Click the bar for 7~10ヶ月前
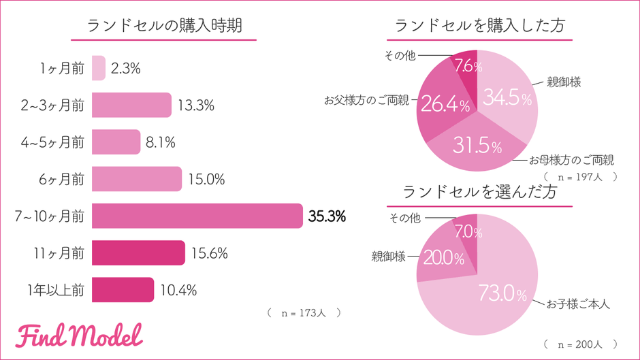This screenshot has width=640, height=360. pos(197,216)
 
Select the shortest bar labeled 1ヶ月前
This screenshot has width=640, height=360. pos(99,68)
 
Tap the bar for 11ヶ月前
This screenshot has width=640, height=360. pos(138,252)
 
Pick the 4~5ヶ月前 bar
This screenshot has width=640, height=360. pos(116,142)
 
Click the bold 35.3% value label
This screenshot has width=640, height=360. pos(327,216)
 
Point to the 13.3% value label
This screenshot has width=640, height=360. pos(196,105)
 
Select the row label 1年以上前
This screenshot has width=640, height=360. pos(56,290)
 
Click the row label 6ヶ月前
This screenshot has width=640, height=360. pos(63,179)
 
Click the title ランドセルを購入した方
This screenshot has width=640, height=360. pos(479,26)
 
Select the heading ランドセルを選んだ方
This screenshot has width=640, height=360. pos(479,192)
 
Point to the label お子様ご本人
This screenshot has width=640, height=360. pos(578,304)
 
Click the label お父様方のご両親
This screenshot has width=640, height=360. pos(366,100)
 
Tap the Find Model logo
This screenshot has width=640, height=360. pos(80,334)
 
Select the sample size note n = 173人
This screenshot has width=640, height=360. pos(304,313)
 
